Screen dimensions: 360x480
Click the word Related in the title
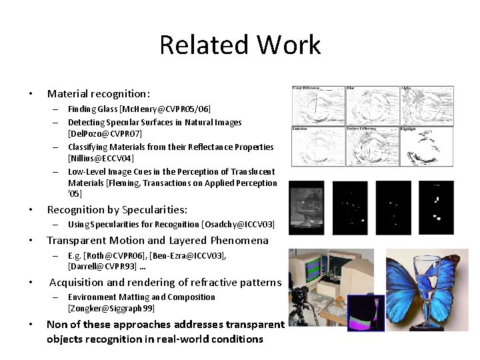199,45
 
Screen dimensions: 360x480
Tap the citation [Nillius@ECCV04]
101,159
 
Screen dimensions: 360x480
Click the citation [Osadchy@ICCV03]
238,225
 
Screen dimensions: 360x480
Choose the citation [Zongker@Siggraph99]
111,309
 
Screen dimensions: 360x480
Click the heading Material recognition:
99,94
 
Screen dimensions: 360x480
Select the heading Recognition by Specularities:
117,209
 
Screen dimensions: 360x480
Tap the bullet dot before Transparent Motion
31,241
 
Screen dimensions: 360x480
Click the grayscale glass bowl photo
306,208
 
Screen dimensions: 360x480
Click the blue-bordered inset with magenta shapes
365,313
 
